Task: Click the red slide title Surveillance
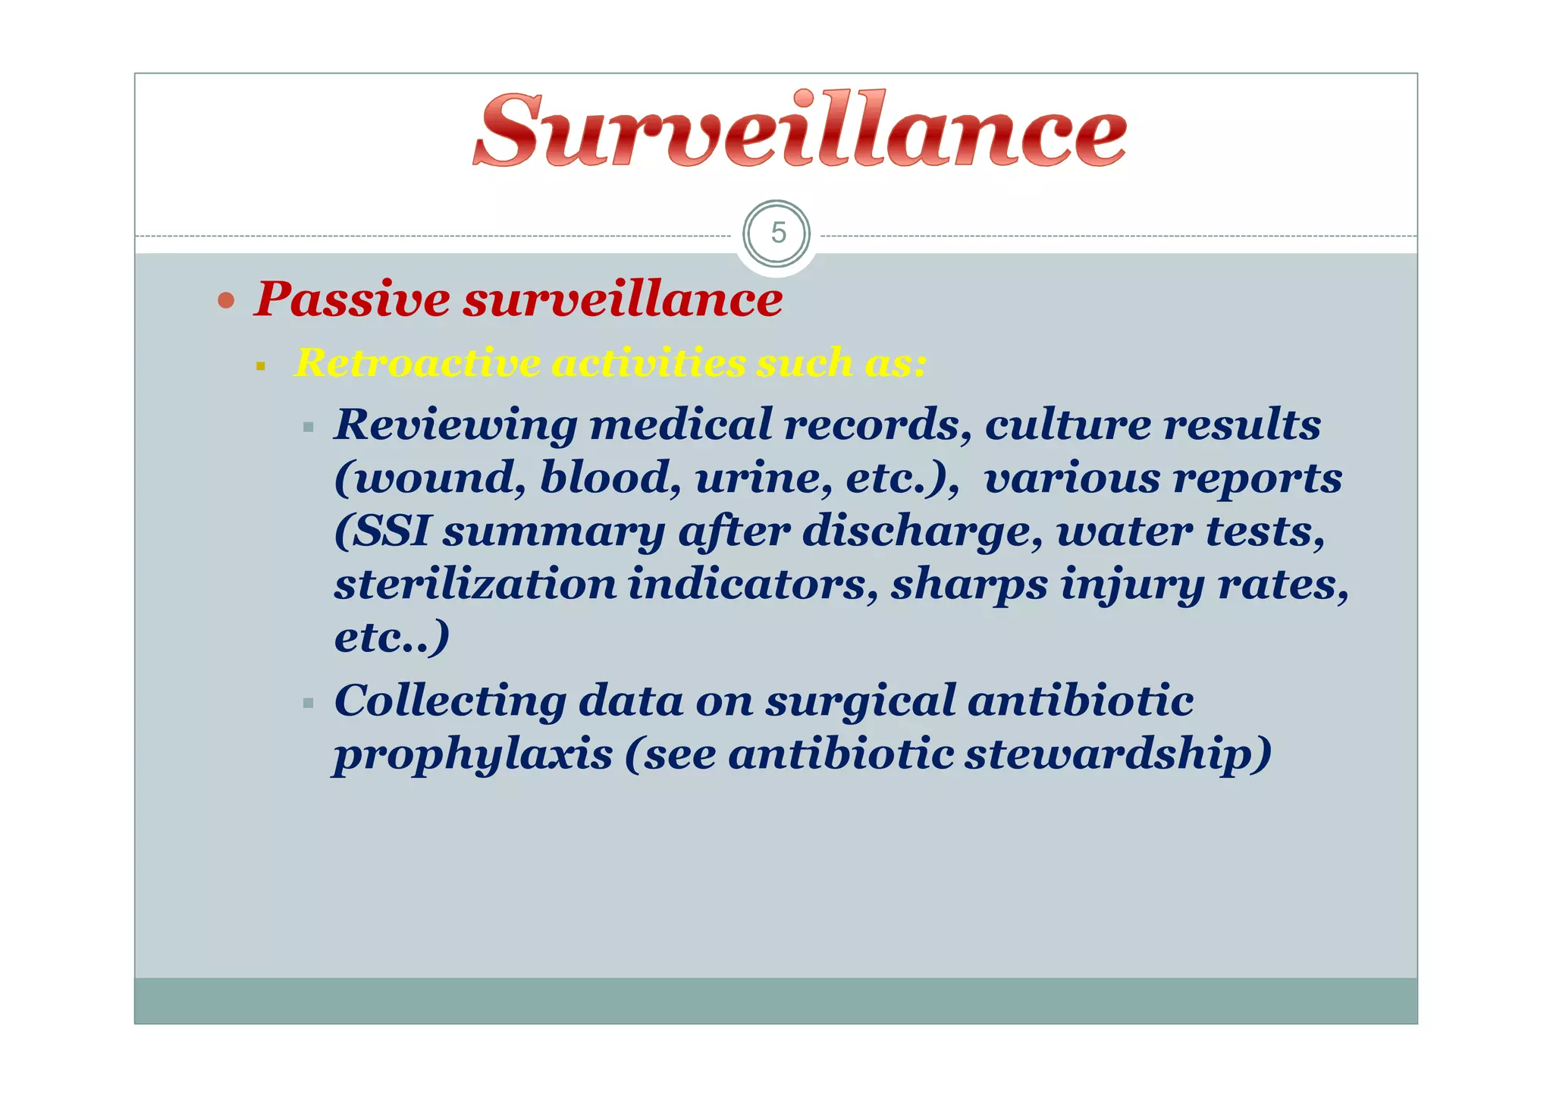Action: point(799,130)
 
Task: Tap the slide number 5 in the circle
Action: point(777,234)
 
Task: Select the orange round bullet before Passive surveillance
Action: point(225,301)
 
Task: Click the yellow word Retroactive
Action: point(416,362)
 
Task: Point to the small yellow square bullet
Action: point(261,366)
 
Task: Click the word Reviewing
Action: point(456,425)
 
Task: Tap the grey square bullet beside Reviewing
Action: point(308,428)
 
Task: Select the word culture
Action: point(1068,425)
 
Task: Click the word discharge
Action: point(922,532)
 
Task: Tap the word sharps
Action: point(968,585)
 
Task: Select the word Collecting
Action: point(449,701)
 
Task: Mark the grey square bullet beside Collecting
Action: point(308,704)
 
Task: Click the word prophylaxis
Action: point(473,755)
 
